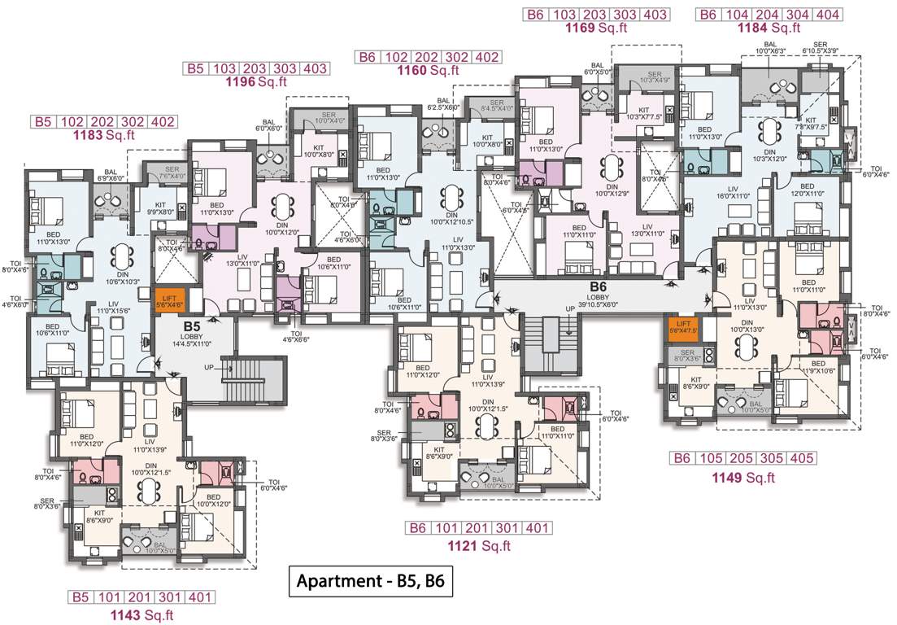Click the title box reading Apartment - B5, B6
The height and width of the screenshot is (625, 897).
tap(370, 582)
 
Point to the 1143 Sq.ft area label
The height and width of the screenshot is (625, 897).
tap(143, 615)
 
